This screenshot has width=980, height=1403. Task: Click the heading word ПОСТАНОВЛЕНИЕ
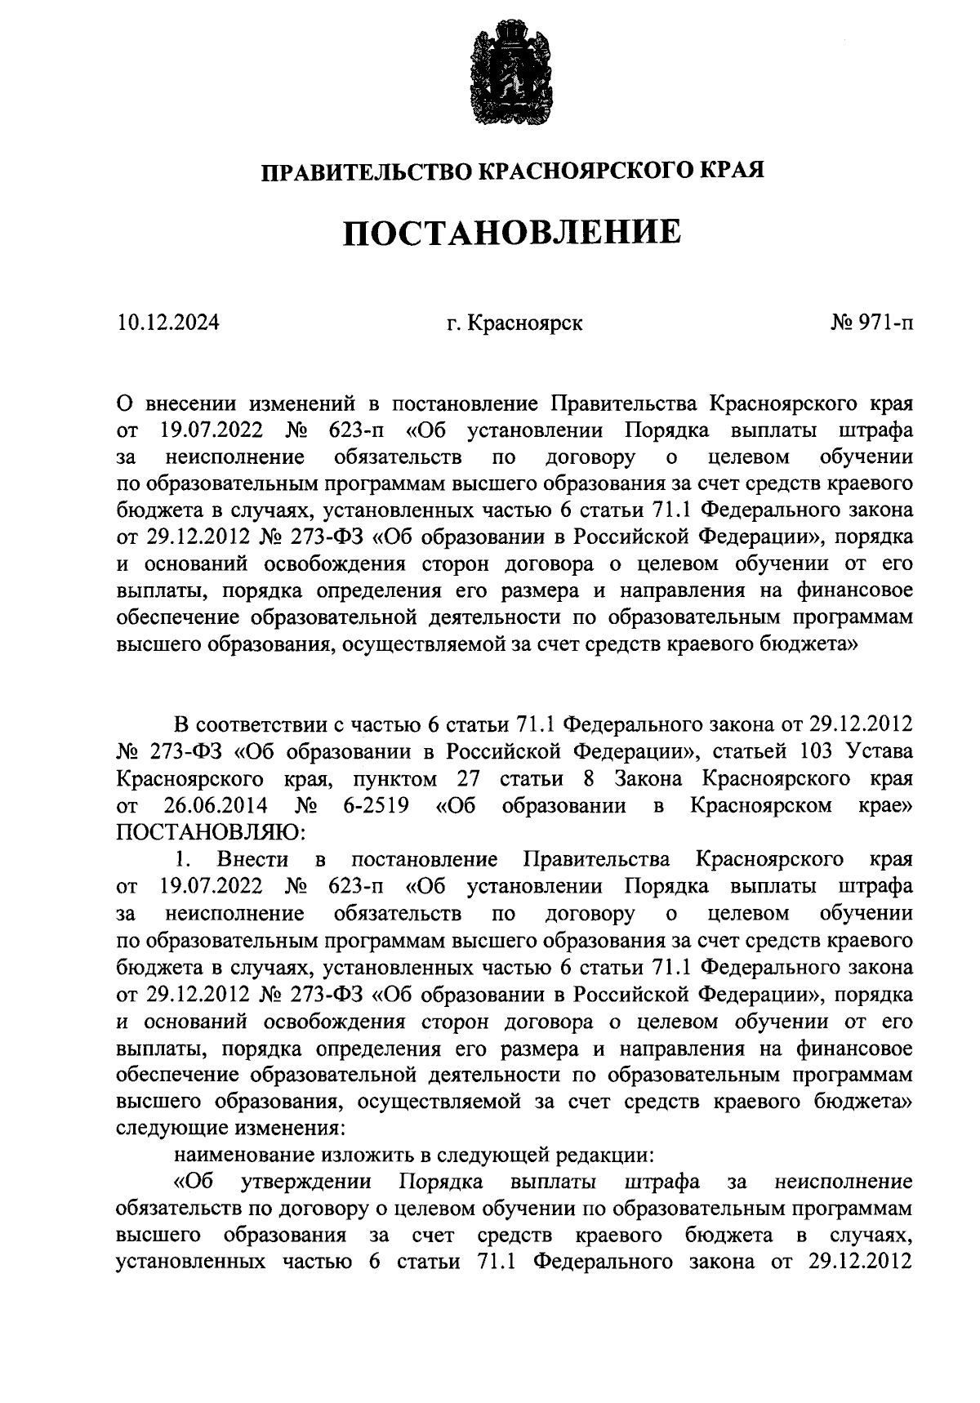coord(512,233)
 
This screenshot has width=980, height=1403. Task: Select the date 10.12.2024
coord(167,323)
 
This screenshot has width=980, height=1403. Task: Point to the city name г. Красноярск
coord(514,323)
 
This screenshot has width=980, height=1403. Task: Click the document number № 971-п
coord(872,323)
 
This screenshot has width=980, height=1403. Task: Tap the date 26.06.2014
coord(216,805)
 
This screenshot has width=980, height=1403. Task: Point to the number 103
coord(799,751)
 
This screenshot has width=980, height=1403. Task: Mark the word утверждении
coord(307,1182)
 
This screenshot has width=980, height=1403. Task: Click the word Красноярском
coord(761,805)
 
